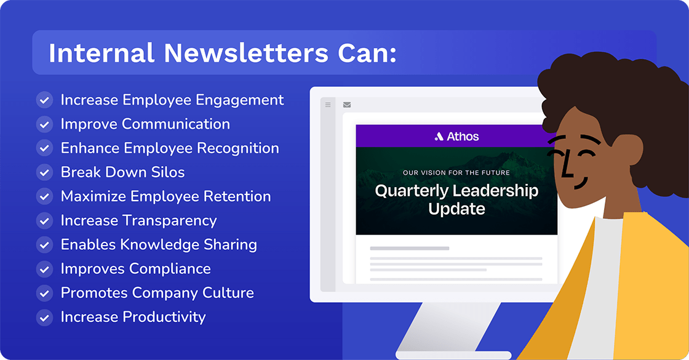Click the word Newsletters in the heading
246,53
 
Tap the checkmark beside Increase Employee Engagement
44,100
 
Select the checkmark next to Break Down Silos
44,172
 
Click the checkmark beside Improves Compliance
44,269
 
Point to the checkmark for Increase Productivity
44,318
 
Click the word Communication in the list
176,124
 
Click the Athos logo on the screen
456,137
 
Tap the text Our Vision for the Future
456,173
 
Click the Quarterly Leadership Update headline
456,199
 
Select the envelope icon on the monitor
347,105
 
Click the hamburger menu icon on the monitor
329,105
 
